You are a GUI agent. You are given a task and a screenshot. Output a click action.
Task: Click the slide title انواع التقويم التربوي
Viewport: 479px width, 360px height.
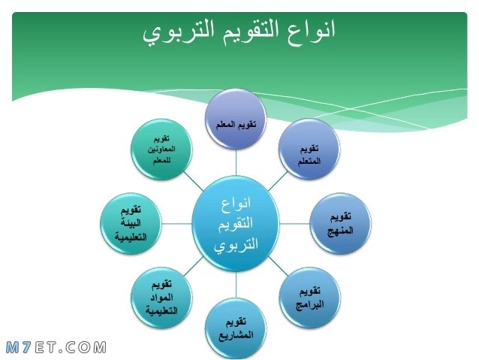click(x=239, y=32)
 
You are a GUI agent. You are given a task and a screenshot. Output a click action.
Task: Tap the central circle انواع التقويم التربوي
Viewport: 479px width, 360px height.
click(x=236, y=223)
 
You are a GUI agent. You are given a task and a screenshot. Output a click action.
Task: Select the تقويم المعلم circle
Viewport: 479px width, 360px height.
click(x=236, y=119)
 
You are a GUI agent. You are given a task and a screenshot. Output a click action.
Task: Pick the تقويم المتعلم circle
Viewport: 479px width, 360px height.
click(x=309, y=149)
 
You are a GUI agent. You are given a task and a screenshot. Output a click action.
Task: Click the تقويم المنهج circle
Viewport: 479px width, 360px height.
click(x=341, y=223)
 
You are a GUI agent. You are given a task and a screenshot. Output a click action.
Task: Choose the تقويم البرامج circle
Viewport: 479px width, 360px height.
click(x=310, y=298)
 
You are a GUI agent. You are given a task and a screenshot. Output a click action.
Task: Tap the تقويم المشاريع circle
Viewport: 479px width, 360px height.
click(x=236, y=328)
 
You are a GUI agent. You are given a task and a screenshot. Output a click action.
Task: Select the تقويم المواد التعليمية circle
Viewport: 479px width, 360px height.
click(x=161, y=298)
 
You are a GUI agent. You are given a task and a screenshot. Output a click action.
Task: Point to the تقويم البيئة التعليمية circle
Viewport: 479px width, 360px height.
click(x=131, y=223)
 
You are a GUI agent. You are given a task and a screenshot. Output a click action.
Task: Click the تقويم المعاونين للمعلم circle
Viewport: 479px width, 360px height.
click(x=161, y=150)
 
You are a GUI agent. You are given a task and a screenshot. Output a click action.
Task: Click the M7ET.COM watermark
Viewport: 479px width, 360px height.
click(x=56, y=348)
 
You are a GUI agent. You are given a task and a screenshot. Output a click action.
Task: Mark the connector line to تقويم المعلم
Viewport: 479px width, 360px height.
click(x=236, y=163)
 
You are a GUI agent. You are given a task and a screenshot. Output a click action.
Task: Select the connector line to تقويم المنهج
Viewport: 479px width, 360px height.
click(x=295, y=223)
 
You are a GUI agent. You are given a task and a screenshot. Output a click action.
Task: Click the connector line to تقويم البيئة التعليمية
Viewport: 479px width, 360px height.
click(x=177, y=223)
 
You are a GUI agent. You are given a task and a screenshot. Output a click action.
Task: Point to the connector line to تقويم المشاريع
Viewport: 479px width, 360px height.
click(x=236, y=285)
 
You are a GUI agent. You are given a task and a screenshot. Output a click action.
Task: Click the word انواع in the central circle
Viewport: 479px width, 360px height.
click(x=236, y=203)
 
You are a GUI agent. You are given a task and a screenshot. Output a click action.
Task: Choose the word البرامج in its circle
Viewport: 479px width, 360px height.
click(x=310, y=305)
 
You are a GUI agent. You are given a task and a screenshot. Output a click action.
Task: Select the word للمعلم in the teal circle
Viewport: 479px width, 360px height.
click(x=161, y=160)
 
